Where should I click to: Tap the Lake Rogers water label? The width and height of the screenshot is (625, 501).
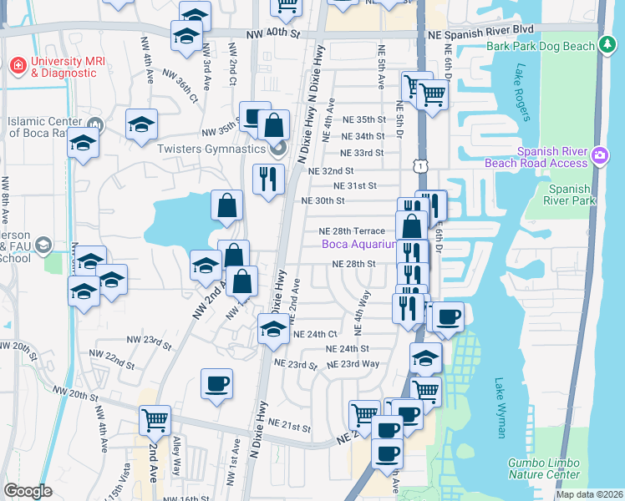[x=524, y=93]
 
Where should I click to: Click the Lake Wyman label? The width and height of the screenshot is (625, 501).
[x=500, y=407]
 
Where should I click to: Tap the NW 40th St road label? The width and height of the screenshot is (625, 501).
[x=273, y=34]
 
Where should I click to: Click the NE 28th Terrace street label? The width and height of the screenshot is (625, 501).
[x=351, y=230]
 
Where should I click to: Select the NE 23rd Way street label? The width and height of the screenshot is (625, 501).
[x=353, y=364]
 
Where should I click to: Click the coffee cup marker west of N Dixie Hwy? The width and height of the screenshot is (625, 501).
[x=217, y=384]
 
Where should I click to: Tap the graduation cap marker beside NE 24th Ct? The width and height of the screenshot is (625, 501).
[x=272, y=329]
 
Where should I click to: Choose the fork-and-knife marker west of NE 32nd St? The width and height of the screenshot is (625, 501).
[x=268, y=179]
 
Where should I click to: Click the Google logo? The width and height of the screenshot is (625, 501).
[x=28, y=491]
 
